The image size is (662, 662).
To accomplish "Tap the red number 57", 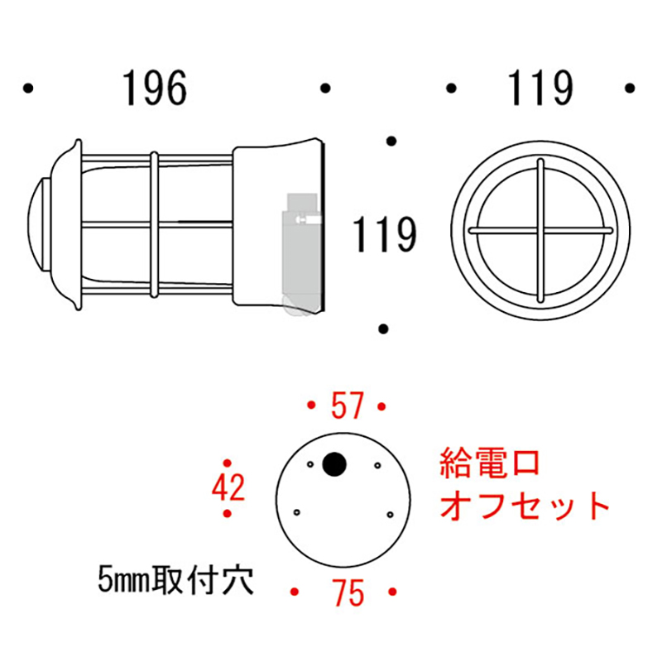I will tap(346, 406).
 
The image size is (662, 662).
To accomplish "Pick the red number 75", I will tap(346, 592).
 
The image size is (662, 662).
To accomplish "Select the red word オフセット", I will tap(525, 504).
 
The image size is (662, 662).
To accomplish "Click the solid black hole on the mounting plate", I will tap(335, 464).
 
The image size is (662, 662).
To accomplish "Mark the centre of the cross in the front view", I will tap(540, 228).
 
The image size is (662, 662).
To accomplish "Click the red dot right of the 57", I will tap(381, 406).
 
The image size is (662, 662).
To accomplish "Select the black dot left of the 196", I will tap(29, 87).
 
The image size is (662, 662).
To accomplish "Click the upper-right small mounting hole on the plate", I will tap(377, 466).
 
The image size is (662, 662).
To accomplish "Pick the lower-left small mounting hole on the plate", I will tap(294, 512).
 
